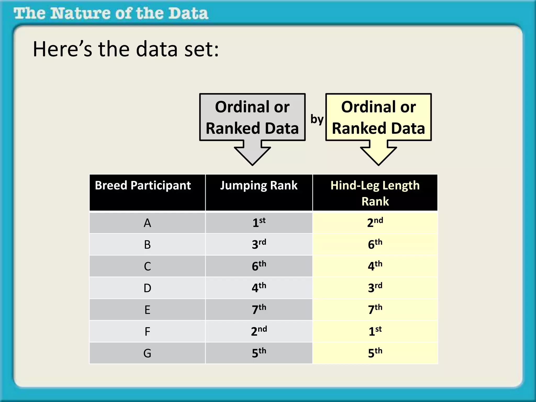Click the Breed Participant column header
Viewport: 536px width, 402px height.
(x=143, y=186)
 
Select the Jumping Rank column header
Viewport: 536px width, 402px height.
(x=259, y=186)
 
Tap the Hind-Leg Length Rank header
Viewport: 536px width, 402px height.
(x=375, y=193)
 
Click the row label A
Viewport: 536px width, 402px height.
(x=147, y=223)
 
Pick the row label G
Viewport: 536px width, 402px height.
(x=147, y=353)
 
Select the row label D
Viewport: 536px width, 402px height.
(x=147, y=288)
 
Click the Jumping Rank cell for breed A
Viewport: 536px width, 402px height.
(x=259, y=223)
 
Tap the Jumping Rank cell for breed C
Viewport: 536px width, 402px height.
(x=259, y=266)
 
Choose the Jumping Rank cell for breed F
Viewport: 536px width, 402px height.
(x=259, y=331)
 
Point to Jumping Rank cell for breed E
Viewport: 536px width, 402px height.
(x=259, y=310)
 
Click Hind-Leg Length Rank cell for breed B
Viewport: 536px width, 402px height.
(x=375, y=244)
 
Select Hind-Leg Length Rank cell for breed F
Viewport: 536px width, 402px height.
(x=375, y=331)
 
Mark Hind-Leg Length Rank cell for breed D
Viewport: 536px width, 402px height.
(x=375, y=288)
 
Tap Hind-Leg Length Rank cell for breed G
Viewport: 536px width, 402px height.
(x=375, y=353)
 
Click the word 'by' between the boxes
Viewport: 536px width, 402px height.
(x=317, y=119)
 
